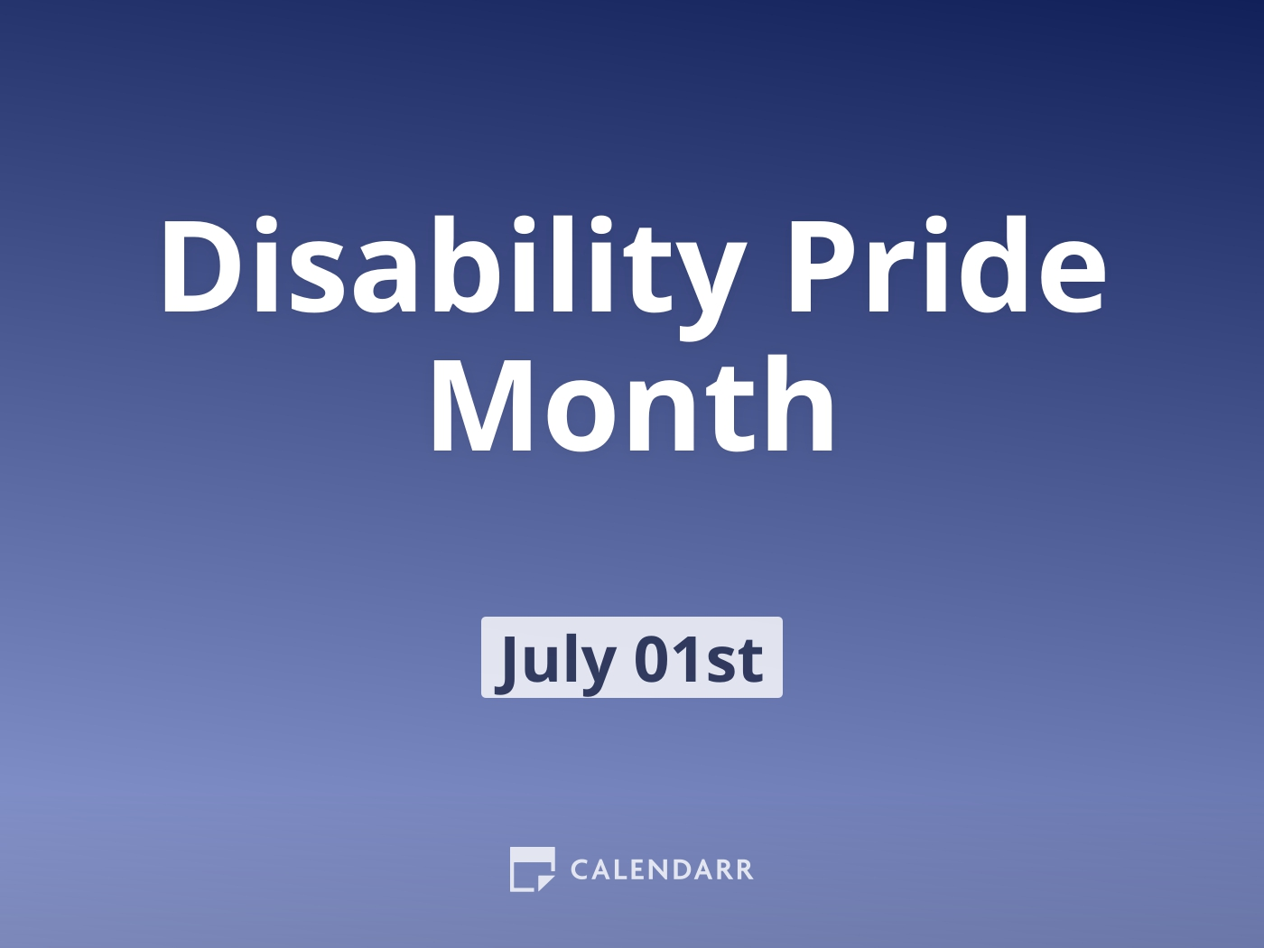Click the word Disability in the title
pos(451,268)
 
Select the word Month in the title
pos(632,406)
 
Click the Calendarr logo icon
pos(532,869)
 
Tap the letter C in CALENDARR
pos(581,870)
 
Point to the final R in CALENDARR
pos(743,870)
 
